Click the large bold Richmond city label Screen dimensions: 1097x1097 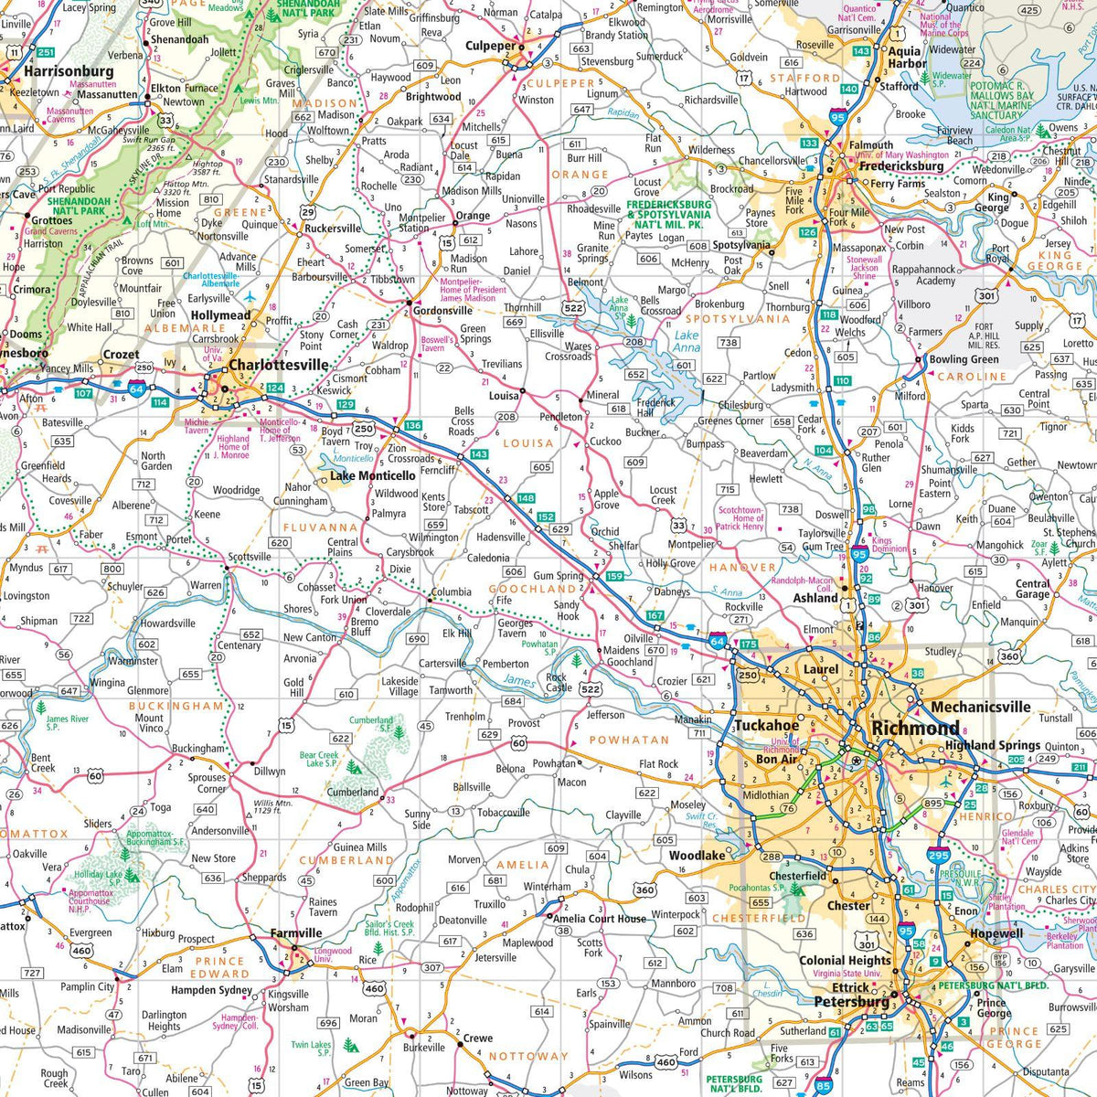(916, 729)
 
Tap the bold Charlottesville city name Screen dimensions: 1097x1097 (279, 365)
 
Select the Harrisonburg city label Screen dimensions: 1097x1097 (69, 71)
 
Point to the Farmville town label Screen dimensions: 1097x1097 (296, 933)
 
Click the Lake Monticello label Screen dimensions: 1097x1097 (373, 475)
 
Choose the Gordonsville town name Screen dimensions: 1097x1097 (442, 311)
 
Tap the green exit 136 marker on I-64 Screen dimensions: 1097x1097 (412, 426)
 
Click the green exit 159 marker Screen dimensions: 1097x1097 (614, 577)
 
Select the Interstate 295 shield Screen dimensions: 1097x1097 (938, 856)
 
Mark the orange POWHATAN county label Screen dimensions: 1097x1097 (629, 740)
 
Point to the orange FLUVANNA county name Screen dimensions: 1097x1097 (320, 527)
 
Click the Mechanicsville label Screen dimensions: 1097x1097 (980, 707)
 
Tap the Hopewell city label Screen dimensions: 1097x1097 (996, 933)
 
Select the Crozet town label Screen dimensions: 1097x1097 (121, 355)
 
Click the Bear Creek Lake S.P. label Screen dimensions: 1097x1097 (319, 760)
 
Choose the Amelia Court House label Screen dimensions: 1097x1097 (600, 919)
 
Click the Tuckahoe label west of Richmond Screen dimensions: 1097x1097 (766, 726)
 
